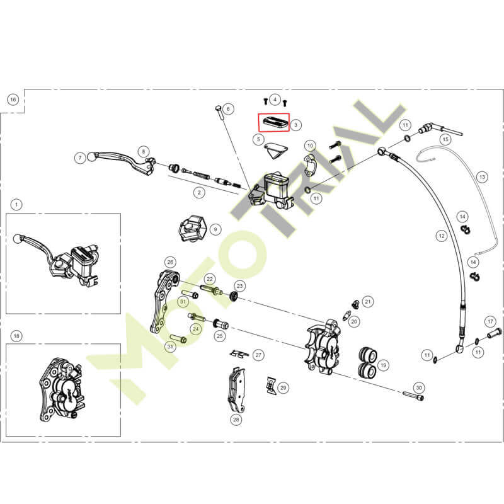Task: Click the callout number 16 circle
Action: [x=13, y=100]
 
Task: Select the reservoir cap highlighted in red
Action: [x=274, y=122]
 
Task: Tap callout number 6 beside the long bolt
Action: [x=228, y=109]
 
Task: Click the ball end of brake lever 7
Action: [x=91, y=157]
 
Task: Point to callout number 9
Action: [x=215, y=229]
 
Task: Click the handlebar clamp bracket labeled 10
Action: [x=311, y=164]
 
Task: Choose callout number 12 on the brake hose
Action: [x=442, y=236]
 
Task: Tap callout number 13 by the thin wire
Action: [x=482, y=177]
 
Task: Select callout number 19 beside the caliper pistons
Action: [x=383, y=365]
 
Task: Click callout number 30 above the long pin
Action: [x=419, y=388]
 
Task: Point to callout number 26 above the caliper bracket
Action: [x=170, y=262]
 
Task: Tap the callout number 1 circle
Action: [x=16, y=204]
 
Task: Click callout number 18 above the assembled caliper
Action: [x=16, y=336]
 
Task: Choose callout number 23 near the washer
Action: [x=240, y=286]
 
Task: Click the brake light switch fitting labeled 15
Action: [x=440, y=130]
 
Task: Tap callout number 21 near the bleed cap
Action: [x=368, y=302]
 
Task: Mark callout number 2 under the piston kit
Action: [x=199, y=193]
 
